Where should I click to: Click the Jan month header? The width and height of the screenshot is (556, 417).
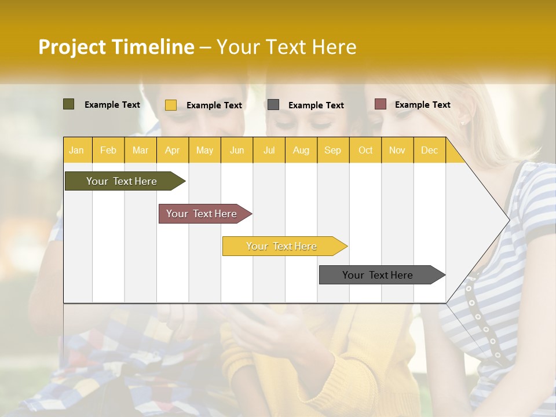pyautogui.click(x=76, y=150)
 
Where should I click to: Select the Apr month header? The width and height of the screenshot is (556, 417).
pyautogui.click(x=172, y=150)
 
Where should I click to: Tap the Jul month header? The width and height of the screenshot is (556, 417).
pyautogui.click(x=269, y=150)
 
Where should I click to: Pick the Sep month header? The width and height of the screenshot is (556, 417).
pyautogui.click(x=332, y=150)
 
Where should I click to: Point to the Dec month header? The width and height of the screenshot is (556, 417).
pyautogui.click(x=429, y=150)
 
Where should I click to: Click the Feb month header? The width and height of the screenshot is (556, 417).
pyautogui.click(x=108, y=150)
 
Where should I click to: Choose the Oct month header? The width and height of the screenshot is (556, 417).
pyautogui.click(x=365, y=150)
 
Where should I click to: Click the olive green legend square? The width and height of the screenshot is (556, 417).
pyautogui.click(x=69, y=104)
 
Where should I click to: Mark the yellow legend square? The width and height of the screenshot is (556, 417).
pyautogui.click(x=171, y=105)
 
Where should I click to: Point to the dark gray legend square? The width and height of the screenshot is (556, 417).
pyautogui.click(x=273, y=105)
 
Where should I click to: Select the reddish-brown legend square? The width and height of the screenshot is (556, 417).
pyautogui.click(x=381, y=104)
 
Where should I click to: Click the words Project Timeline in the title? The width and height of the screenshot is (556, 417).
pyautogui.click(x=116, y=47)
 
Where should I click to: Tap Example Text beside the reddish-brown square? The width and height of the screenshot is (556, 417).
pyautogui.click(x=422, y=105)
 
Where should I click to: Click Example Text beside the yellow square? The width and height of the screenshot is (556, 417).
pyautogui.click(x=214, y=105)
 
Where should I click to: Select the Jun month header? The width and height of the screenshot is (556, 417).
pyautogui.click(x=237, y=150)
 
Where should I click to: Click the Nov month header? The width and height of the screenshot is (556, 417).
pyautogui.click(x=397, y=150)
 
